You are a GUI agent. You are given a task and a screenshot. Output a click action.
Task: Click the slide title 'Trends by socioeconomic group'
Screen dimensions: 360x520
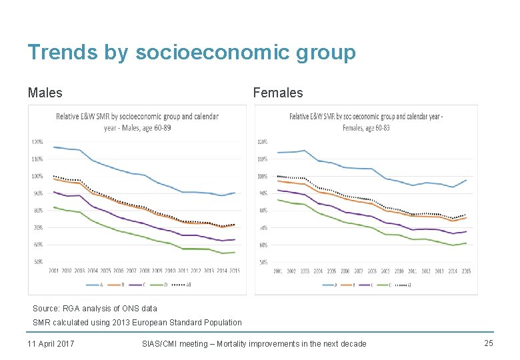[191, 53]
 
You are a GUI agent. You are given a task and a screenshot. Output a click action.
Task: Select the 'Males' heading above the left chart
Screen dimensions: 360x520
[45, 93]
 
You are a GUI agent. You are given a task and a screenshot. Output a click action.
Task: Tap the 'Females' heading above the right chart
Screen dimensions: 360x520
[277, 93]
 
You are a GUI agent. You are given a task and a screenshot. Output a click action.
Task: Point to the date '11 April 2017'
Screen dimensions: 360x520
[51, 343]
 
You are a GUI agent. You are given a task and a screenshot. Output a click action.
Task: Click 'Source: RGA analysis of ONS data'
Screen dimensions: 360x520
[95, 309]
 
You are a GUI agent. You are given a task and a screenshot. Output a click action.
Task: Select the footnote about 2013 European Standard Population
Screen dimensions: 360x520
[137, 323]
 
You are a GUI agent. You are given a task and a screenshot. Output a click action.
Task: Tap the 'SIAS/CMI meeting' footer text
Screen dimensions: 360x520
[254, 343]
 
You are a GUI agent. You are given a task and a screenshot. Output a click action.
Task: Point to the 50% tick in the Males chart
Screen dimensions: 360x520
[37, 262]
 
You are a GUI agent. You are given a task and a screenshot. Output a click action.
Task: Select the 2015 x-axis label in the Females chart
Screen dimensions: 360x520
[466, 271]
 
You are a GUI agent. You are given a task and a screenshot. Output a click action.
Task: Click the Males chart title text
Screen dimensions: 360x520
[137, 121]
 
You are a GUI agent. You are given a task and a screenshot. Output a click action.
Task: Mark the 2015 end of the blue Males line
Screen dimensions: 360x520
[235, 193]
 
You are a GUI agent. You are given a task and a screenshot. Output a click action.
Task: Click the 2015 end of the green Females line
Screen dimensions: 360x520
[466, 243]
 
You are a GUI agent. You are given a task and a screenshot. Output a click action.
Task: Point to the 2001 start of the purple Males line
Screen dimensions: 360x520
[53, 192]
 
